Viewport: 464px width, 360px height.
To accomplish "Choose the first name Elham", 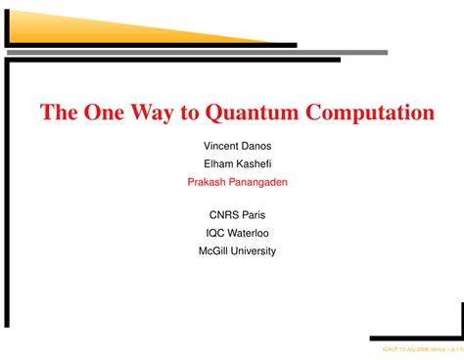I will [217, 163].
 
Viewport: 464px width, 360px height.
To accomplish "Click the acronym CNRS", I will [223, 215].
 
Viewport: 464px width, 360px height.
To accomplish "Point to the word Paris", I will [254, 215].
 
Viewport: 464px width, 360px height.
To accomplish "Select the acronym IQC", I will [216, 233].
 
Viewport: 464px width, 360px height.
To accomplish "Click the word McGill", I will [213, 250].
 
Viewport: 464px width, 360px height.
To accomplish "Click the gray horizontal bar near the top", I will [196, 52].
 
